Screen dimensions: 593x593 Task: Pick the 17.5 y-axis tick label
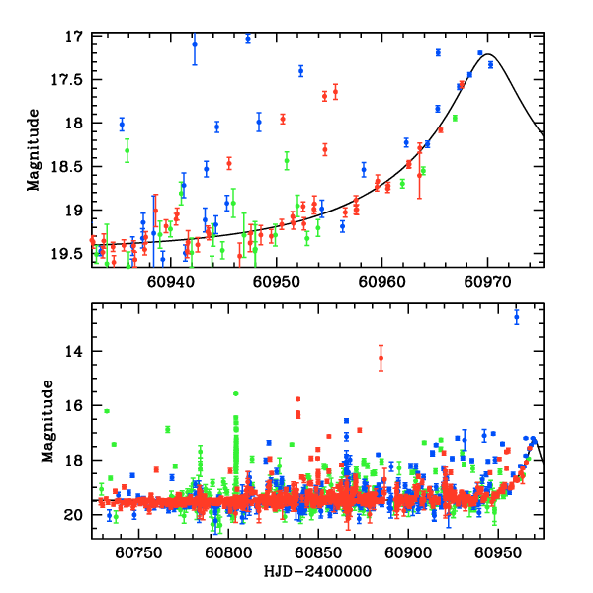point(65,79)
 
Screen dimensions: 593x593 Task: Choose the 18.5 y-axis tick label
point(65,167)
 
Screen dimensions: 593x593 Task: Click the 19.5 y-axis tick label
point(65,254)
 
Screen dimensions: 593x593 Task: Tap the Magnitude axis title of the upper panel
point(34,149)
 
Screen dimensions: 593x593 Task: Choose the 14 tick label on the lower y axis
point(73,351)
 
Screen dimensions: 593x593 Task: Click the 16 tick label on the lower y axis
point(73,406)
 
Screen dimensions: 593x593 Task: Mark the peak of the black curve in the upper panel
point(488,54)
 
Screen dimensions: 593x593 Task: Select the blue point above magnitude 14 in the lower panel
point(516,316)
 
